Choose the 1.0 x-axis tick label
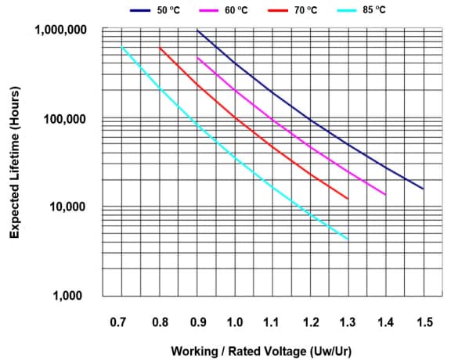click(x=235, y=322)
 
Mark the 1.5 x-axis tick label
click(x=424, y=322)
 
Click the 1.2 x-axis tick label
click(x=311, y=322)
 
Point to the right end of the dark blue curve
click(x=423, y=189)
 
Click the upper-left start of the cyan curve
click(x=122, y=48)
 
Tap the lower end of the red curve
click(x=348, y=198)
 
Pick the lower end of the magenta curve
click(x=385, y=194)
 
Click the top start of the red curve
click(x=160, y=49)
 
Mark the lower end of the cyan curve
click(x=348, y=239)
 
